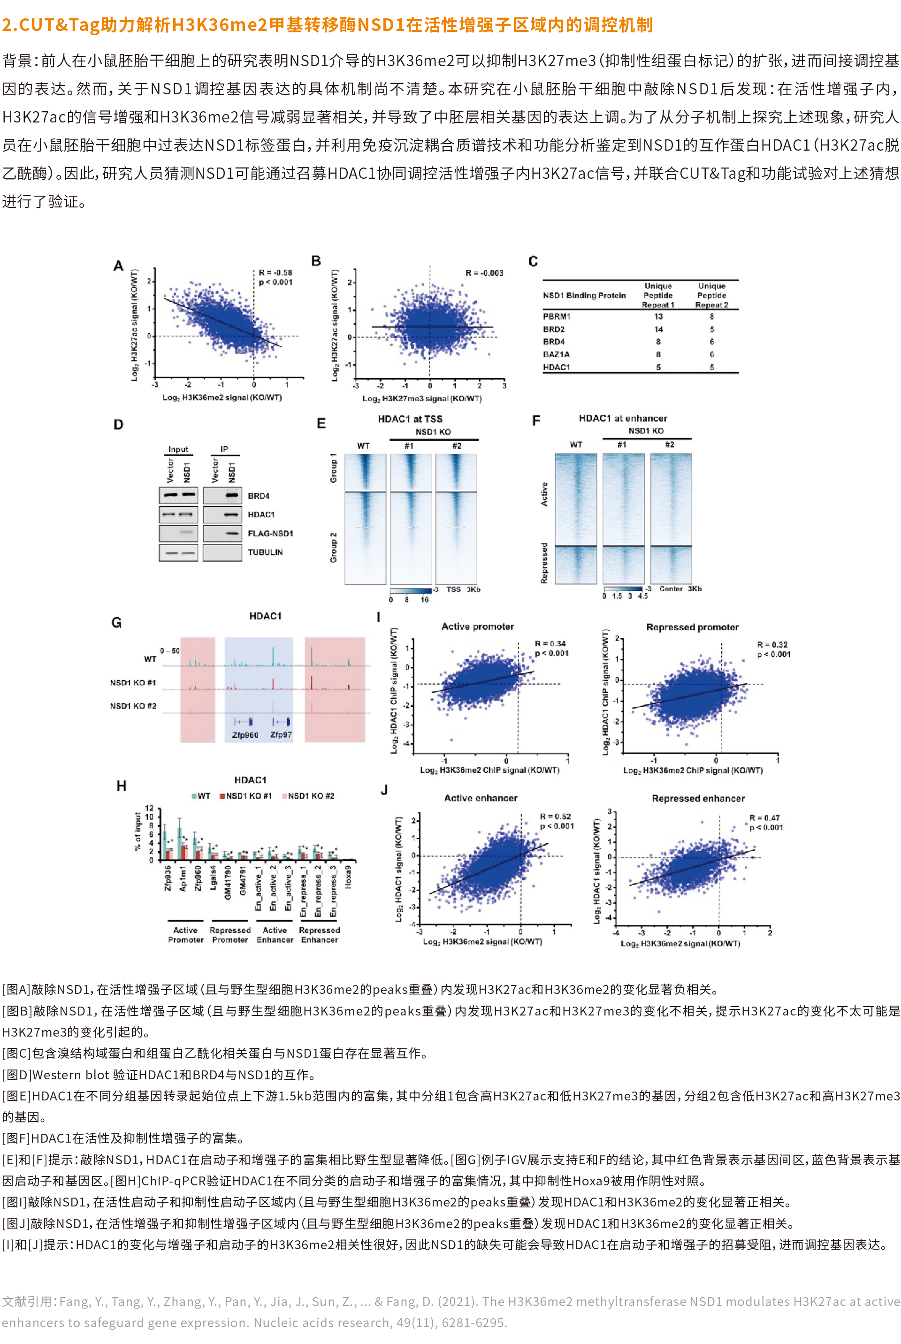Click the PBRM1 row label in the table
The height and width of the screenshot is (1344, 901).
(x=556, y=316)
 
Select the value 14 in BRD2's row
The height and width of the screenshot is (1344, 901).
(x=658, y=329)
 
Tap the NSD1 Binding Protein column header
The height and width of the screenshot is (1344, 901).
(x=584, y=295)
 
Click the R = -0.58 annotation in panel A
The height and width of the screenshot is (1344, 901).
(x=275, y=272)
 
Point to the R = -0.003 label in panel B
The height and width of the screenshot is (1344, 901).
(x=484, y=273)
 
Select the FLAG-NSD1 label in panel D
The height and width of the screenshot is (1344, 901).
(x=270, y=533)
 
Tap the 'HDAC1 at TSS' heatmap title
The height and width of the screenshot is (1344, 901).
(x=410, y=419)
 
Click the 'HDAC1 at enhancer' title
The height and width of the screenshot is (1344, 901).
(x=622, y=418)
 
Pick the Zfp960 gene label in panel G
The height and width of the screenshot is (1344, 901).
(x=245, y=735)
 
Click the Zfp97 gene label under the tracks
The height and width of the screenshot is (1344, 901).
(x=281, y=735)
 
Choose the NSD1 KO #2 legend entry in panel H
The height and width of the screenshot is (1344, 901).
(x=310, y=796)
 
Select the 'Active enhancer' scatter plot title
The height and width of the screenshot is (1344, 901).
(x=481, y=798)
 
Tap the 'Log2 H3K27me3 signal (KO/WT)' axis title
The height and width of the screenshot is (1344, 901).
(x=422, y=399)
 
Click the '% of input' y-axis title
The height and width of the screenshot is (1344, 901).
(x=137, y=831)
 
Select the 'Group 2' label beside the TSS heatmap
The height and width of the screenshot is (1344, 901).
(x=333, y=547)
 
